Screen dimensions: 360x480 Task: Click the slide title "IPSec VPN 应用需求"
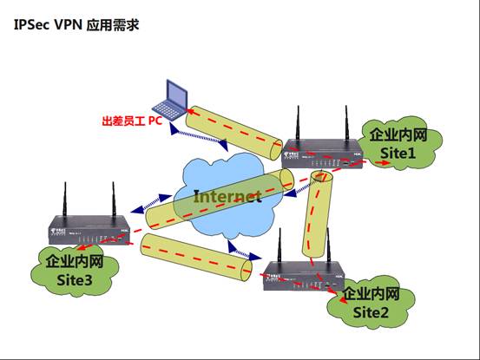76,25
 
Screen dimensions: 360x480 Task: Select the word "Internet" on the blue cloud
227,196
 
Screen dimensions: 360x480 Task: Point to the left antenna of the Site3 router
66,201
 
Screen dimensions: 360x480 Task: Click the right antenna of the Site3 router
113,201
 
